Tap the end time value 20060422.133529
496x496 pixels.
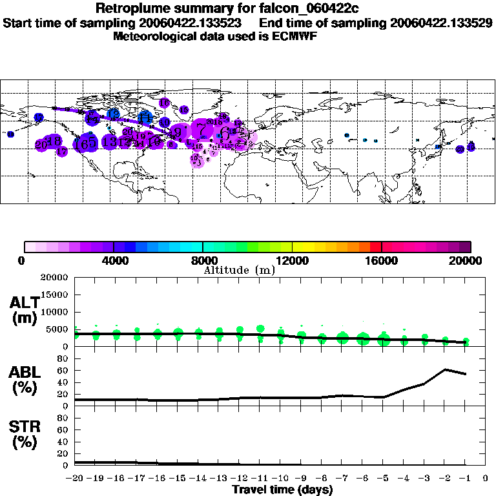click(441, 23)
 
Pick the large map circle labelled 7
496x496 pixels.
click(203, 131)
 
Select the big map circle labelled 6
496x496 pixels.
click(224, 134)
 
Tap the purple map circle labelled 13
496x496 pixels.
click(109, 141)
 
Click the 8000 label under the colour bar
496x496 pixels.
click(202, 261)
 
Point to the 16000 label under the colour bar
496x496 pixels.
click(381, 261)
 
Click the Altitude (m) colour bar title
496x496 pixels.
click(239, 270)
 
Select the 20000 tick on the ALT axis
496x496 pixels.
click(56, 278)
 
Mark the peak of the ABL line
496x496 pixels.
click(445, 369)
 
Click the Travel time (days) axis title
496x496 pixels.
click(282, 490)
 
